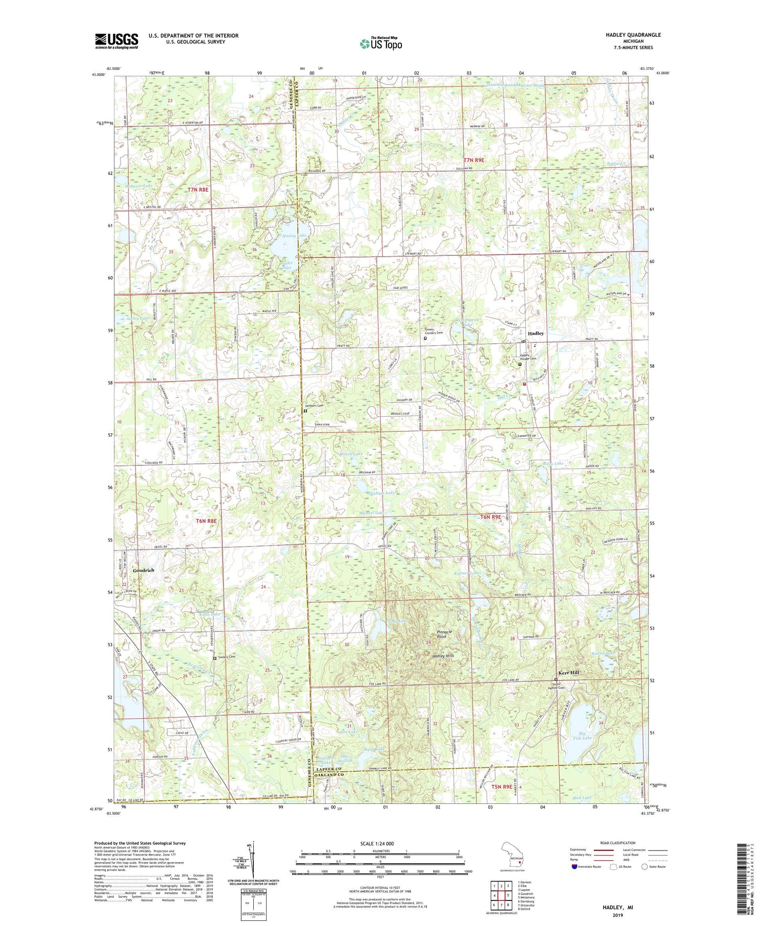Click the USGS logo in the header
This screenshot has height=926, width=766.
116,41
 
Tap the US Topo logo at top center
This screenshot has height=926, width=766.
380,43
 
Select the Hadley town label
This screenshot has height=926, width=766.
536,334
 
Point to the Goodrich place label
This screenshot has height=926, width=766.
143,570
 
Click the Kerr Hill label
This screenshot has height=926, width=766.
568,673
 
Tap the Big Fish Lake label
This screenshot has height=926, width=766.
582,736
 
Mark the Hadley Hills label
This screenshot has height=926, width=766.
443,655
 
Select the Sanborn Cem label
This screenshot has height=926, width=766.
314,406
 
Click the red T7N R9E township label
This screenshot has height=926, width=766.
473,160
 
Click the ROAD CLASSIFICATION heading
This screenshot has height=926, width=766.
618,843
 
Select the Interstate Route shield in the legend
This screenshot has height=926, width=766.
574,867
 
